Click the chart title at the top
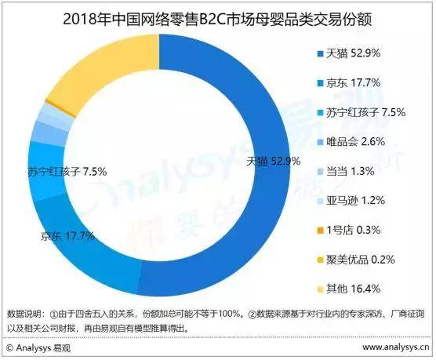pos(218,18)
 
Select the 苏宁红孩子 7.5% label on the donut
pos(67,170)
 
